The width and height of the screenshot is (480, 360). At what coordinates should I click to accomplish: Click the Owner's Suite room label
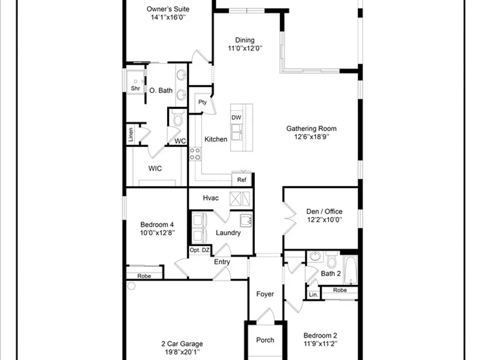[x=168, y=9]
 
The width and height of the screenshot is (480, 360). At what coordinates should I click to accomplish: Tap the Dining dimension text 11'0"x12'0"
[x=245, y=48]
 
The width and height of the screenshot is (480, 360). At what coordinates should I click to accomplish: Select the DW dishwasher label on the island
[x=236, y=118]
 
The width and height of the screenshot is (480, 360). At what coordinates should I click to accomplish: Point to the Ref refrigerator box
[x=241, y=180]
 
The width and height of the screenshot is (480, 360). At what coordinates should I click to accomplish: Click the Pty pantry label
[x=203, y=102]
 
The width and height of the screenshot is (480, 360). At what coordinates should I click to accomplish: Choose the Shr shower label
[x=135, y=88]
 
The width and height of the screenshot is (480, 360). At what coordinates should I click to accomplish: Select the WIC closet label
[x=155, y=168]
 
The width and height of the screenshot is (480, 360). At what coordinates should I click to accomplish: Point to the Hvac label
[x=211, y=198]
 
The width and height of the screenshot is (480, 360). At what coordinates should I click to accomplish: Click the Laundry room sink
[x=246, y=220]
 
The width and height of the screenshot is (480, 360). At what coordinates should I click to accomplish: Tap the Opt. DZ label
[x=200, y=250]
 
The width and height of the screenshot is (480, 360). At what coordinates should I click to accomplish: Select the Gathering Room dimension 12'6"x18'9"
[x=312, y=137]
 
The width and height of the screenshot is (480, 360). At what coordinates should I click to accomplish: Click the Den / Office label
[x=324, y=212]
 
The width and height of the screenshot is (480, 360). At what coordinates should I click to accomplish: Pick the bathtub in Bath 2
[x=350, y=270]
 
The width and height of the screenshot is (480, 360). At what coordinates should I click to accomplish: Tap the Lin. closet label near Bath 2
[x=313, y=295]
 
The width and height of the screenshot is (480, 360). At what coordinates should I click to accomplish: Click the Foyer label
[x=265, y=294]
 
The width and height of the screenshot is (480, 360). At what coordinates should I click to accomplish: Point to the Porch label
[x=265, y=340]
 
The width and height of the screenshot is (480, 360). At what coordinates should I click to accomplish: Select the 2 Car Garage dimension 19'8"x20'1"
[x=182, y=352]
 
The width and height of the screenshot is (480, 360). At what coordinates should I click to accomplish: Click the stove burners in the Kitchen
[x=195, y=154]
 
